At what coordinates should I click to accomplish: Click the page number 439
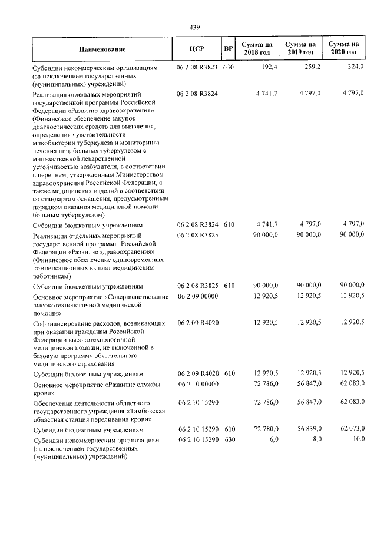[x=195, y=27]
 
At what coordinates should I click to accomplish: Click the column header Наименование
[x=101, y=49]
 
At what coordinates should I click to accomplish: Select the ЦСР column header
[x=197, y=49]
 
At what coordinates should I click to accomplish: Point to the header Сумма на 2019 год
[x=300, y=48]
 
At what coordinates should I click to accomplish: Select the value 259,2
[x=312, y=68]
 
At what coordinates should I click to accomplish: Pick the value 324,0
[x=355, y=68]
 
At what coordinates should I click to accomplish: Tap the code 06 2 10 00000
[x=197, y=385]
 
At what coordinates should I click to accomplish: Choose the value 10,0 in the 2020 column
[x=357, y=440]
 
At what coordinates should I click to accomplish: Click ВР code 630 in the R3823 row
[x=229, y=68]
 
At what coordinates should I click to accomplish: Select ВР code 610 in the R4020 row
[x=229, y=373]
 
